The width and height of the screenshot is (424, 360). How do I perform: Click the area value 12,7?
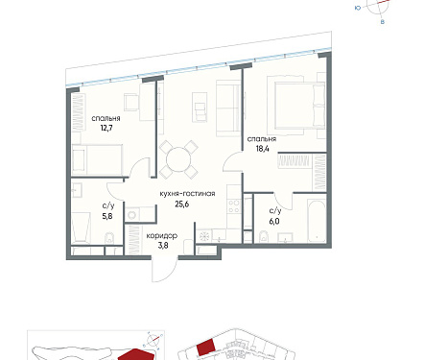coord(106,129)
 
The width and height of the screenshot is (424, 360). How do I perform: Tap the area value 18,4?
coord(262,149)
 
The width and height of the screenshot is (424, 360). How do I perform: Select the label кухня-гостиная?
coord(187,194)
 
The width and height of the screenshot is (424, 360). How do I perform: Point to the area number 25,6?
coord(182,204)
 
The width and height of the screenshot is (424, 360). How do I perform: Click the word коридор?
coord(162,236)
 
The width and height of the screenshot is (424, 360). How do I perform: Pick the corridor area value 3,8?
coord(163,246)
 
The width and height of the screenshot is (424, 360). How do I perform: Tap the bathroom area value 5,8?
coord(107,216)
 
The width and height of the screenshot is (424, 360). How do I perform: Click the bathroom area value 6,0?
coord(274,221)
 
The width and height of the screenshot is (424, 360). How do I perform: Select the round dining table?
coord(178,159)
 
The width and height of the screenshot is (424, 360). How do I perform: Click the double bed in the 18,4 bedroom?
coord(296,106)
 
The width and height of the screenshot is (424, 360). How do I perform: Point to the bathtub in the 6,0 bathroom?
coord(317,220)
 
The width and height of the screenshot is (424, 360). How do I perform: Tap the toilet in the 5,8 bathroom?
coord(109,238)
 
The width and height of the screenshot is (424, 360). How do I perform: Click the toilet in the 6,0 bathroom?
coord(264,236)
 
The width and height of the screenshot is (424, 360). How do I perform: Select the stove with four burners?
coord(234,206)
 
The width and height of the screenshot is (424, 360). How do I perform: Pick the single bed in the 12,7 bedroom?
coord(98,159)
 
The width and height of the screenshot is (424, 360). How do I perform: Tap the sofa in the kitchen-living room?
coord(228,108)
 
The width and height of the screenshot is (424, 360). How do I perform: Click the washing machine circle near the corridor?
coord(131,215)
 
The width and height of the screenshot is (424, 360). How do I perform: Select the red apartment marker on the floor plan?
coord(205,348)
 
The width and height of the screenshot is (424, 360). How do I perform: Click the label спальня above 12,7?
coord(106,118)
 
